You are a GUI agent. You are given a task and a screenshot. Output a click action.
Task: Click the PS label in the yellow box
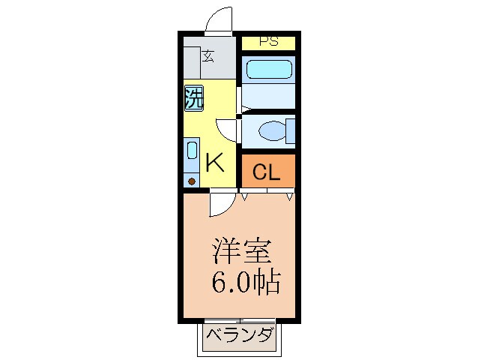(x=268, y=42)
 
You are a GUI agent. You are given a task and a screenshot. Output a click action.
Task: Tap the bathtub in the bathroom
(x=268, y=70)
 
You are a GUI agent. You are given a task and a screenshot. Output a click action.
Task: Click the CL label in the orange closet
(x=267, y=172)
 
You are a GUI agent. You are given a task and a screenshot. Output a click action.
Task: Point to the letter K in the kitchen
(x=215, y=163)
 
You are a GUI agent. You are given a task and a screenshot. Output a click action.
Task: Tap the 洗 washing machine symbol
(x=194, y=98)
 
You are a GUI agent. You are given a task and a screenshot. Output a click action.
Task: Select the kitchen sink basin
(x=192, y=150)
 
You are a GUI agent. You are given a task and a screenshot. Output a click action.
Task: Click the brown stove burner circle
(x=192, y=181)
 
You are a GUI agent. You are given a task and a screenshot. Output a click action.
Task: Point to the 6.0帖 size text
(x=246, y=283)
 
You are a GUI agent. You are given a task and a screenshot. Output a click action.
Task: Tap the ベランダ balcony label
(x=239, y=335)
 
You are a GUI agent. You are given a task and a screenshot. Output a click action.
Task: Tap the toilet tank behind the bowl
(x=289, y=131)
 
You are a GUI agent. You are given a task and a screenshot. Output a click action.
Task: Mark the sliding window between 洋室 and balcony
(x=239, y=322)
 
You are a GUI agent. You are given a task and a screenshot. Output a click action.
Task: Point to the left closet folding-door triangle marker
(x=245, y=196)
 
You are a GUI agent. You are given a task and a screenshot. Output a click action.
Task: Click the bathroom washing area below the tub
(x=268, y=97)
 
